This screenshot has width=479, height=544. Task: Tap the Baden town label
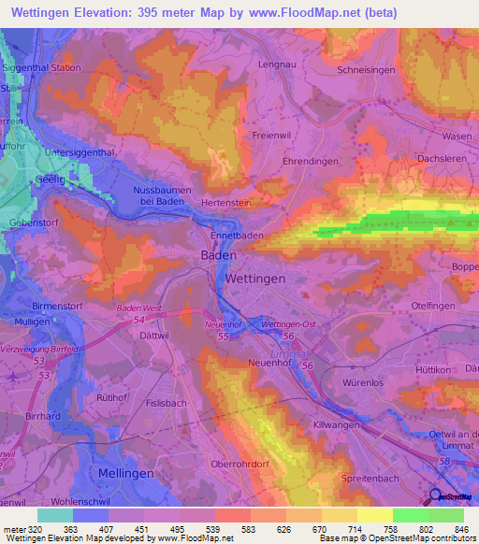218,254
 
